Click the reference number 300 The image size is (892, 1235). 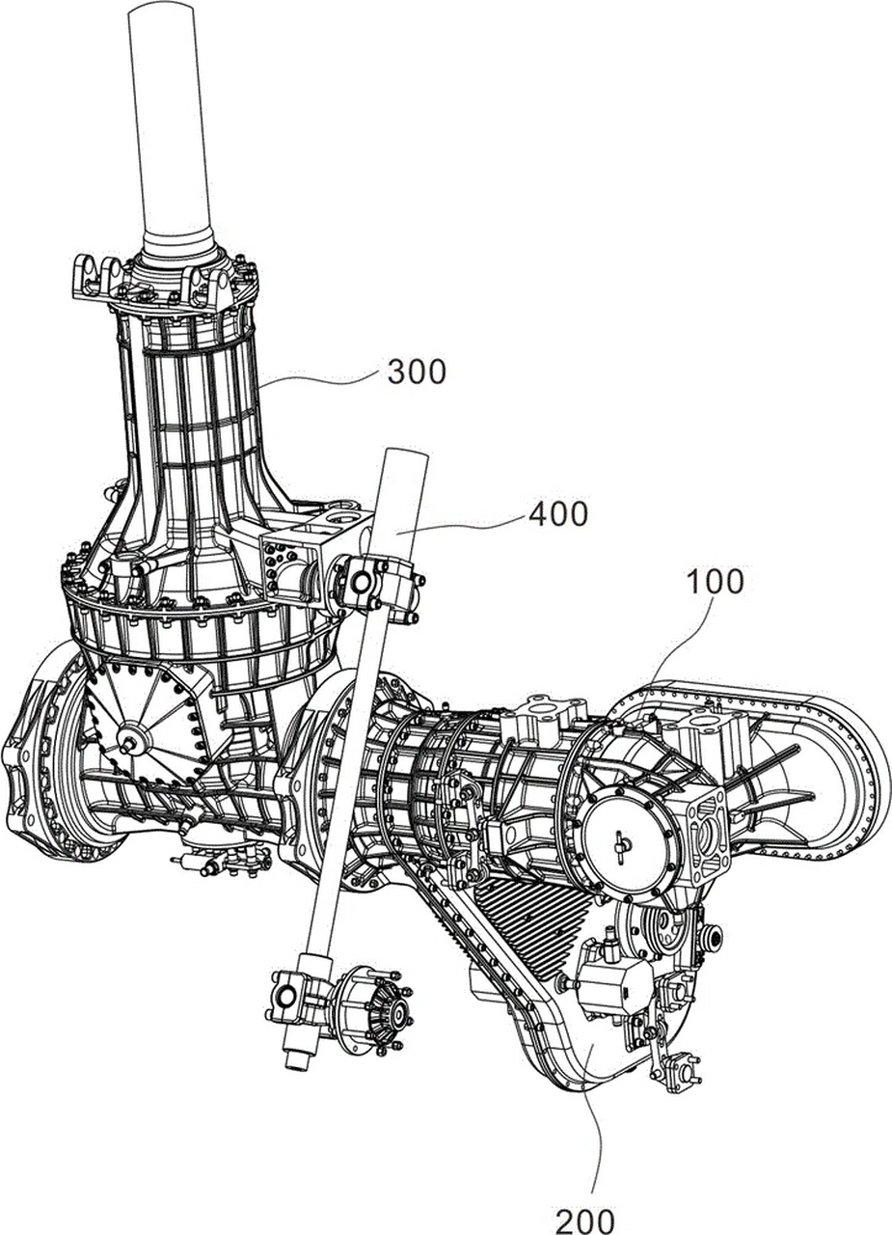click(x=417, y=371)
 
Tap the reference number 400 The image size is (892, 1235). click(x=557, y=514)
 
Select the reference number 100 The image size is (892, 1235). click(x=715, y=581)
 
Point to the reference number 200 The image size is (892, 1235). click(x=584, y=1219)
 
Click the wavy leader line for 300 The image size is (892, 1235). click(x=319, y=379)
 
